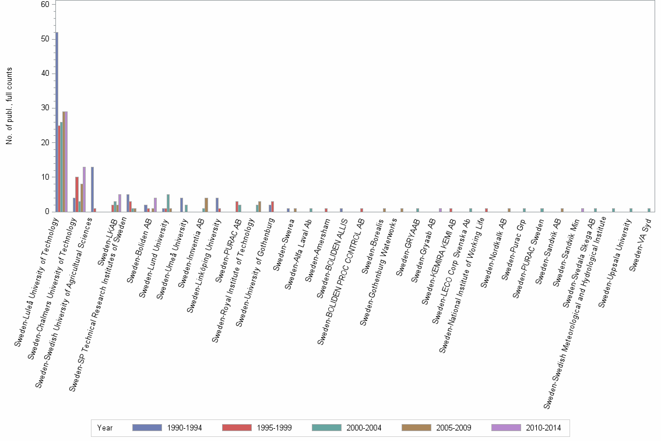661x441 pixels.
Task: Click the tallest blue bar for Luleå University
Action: [57, 122]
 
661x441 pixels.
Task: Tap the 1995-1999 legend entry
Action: [240, 428]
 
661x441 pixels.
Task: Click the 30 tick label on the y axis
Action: [45, 108]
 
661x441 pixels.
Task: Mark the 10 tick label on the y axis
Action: [45, 177]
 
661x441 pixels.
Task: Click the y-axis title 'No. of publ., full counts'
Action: [10, 106]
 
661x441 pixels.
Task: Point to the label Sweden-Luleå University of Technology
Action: [38, 280]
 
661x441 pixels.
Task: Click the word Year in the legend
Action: [106, 428]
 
